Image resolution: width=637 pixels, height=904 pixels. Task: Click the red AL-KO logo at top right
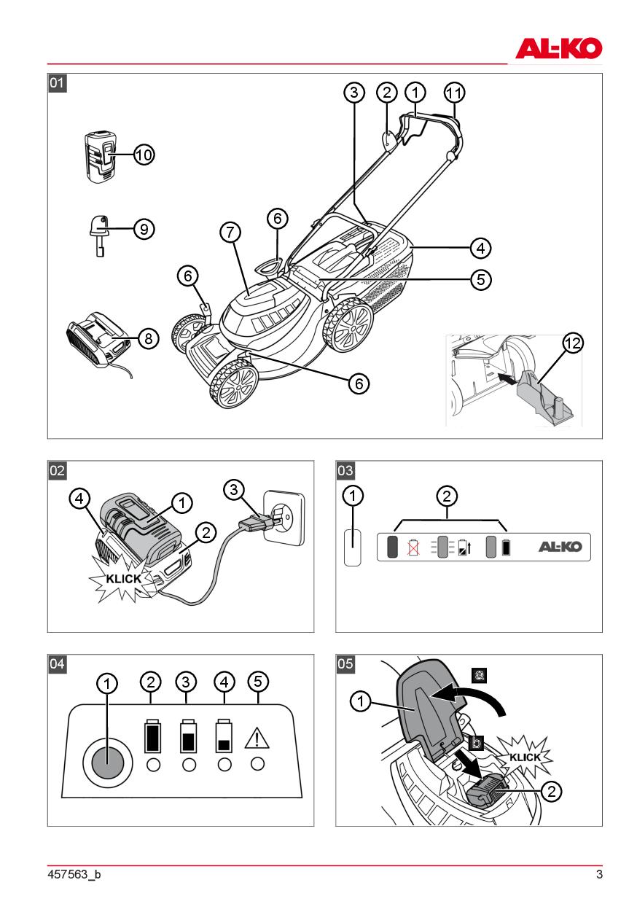pos(559,48)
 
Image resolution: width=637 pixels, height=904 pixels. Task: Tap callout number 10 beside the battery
pos(144,155)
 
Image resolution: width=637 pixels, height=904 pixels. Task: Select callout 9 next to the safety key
pos(144,228)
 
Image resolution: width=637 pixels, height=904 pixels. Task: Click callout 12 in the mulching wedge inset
pos(574,344)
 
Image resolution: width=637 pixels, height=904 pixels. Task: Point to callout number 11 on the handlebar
pos(455,93)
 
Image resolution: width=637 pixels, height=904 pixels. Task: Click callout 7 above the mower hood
pos(230,233)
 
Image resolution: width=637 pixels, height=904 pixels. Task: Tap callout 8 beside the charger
pos(148,338)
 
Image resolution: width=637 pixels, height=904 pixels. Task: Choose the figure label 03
pos(345,470)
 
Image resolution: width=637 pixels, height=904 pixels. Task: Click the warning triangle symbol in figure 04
pos(257,739)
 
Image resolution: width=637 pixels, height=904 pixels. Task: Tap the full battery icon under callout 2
pos(152,737)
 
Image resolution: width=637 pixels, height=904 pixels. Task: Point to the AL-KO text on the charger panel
pos(560,547)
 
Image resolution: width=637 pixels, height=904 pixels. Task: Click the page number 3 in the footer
pos(599,874)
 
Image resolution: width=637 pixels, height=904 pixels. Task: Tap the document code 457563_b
pos(74,874)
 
